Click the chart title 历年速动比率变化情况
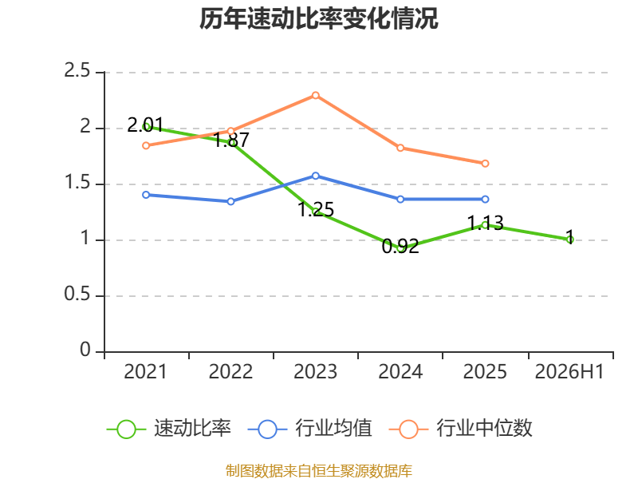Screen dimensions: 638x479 318,18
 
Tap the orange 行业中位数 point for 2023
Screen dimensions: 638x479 315,95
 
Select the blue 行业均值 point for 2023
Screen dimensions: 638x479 315,176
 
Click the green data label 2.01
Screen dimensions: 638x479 145,125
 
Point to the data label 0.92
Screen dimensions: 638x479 400,246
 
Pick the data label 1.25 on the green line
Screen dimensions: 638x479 316,209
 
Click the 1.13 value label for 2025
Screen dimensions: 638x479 486,223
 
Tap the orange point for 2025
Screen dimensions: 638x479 485,164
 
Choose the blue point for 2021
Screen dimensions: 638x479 146,195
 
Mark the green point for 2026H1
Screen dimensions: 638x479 569,240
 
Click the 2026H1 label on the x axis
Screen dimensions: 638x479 569,371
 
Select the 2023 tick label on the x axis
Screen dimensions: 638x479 315,371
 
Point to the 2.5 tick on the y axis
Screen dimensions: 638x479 77,70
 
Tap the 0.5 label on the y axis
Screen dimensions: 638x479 77,294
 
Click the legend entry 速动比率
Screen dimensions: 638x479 169,429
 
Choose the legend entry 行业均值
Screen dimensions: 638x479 310,429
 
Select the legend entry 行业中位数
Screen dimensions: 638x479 461,429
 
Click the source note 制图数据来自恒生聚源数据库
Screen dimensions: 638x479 319,470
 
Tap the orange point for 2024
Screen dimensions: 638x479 400,148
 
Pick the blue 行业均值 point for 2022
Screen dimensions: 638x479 230,201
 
